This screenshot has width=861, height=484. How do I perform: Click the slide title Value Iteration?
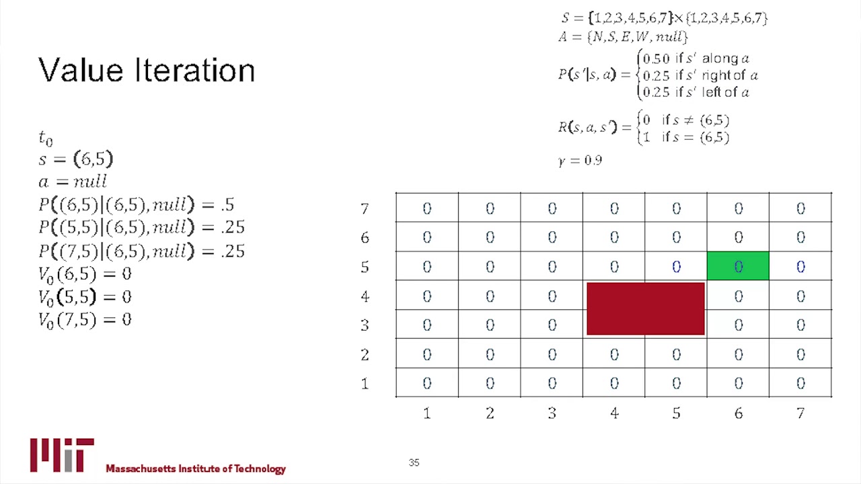coord(147,71)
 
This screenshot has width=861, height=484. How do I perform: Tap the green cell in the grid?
coord(738,266)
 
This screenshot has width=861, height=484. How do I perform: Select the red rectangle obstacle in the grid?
coord(645,309)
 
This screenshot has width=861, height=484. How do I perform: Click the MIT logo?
coord(62,455)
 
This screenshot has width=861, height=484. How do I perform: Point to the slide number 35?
coord(414,462)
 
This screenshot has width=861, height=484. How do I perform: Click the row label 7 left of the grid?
coord(365,209)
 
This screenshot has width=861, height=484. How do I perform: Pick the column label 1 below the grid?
coord(426,413)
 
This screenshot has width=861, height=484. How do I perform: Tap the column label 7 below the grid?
coord(800,413)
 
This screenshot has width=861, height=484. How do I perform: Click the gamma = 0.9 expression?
coord(580,161)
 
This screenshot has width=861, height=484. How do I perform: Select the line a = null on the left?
coord(73,182)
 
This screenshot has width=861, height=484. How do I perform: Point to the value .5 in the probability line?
coord(227,204)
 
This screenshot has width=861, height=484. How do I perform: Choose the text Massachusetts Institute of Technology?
coord(196,469)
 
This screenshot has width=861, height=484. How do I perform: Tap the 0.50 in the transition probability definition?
coord(657,59)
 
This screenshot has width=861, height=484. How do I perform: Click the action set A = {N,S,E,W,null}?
coord(623,37)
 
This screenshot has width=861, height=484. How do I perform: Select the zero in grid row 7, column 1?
coord(426,209)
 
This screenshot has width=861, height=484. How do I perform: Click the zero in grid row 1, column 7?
coord(800,383)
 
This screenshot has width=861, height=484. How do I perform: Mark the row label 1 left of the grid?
coord(365,383)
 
